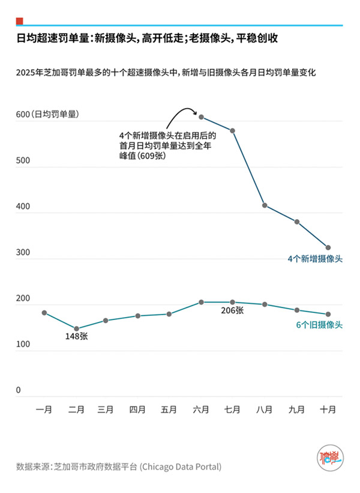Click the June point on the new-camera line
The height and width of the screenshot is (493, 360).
tap(202, 117)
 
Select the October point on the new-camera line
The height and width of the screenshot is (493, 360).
tap(328, 247)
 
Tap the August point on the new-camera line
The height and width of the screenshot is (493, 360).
tap(265, 206)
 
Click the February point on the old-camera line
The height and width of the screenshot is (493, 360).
tap(76, 328)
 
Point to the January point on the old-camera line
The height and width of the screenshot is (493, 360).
tap(44, 313)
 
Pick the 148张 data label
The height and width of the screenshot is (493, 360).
tap(76, 337)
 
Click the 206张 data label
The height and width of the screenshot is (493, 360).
tap(232, 310)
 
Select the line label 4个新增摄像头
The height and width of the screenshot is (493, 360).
tap(315, 259)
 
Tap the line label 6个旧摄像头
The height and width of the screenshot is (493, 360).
tap(319, 325)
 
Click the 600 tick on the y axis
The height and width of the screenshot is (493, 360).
tap(22, 115)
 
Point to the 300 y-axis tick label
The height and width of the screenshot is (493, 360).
tap(22, 253)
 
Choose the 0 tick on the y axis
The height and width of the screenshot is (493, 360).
tap(19, 390)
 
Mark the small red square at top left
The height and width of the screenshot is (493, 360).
tap(20, 21)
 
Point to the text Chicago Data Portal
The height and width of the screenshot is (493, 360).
tap(180, 467)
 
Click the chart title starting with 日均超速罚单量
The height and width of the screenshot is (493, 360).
tap(147, 39)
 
